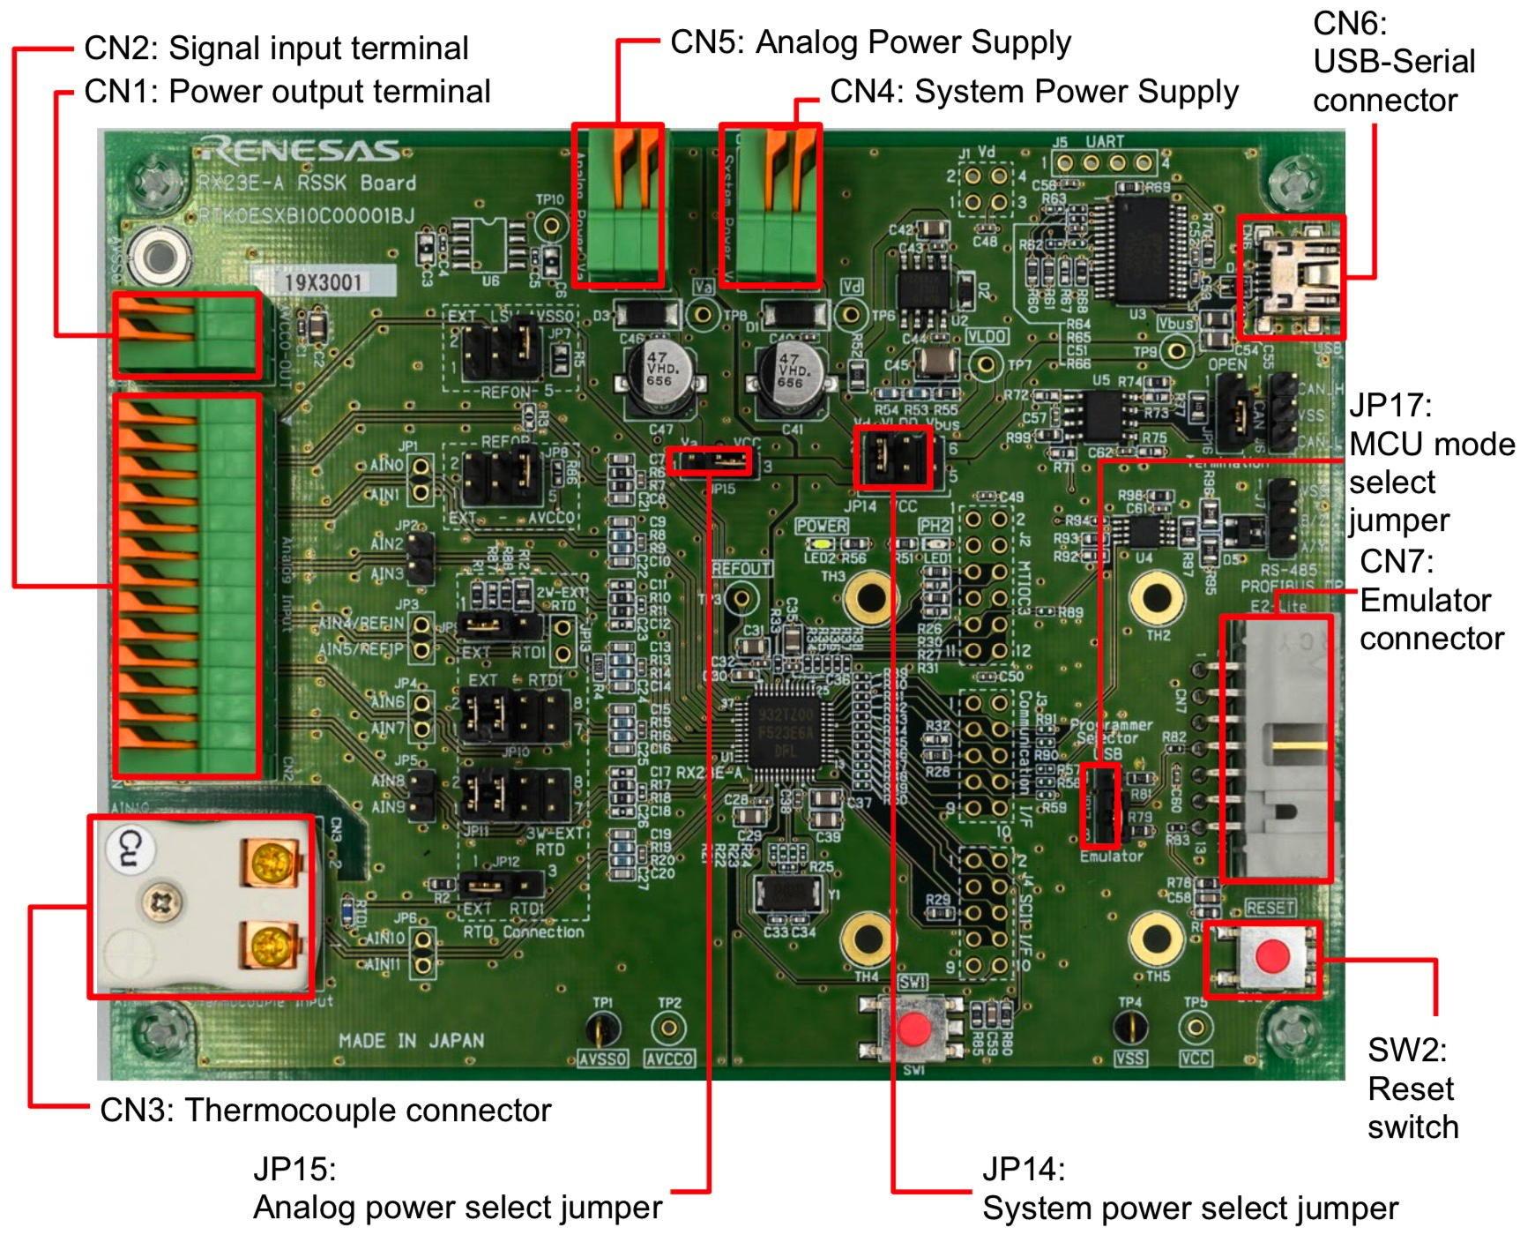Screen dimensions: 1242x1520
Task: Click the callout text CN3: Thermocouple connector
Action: click(x=325, y=1110)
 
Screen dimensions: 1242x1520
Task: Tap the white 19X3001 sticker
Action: click(x=323, y=282)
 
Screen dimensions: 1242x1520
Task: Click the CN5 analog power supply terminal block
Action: click(x=618, y=206)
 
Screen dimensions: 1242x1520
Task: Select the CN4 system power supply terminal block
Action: click(x=771, y=206)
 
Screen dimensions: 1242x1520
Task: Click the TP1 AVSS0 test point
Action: click(x=603, y=1028)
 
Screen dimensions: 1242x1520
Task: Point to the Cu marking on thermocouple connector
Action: click(x=130, y=849)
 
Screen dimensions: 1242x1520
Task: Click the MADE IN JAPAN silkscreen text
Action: click(x=411, y=1041)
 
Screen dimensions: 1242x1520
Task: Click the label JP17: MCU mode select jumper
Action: click(x=1430, y=463)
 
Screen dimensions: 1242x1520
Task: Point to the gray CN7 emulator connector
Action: click(x=1277, y=750)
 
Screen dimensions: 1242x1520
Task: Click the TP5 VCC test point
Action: click(x=1195, y=1028)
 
